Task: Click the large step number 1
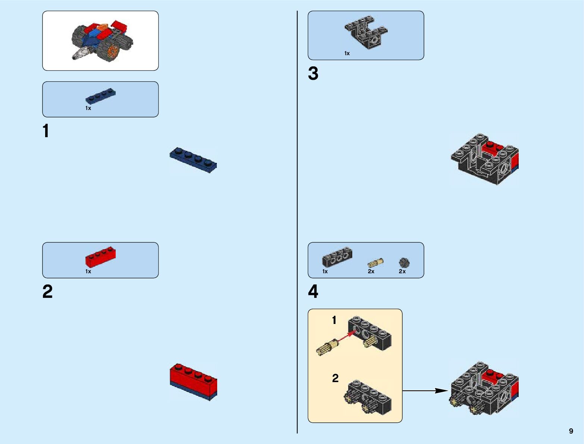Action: coord(46,131)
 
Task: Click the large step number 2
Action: coord(47,292)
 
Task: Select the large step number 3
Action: coord(313,73)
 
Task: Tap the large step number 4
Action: coord(313,292)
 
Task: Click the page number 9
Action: coord(571,431)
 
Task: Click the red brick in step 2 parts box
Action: coord(100,257)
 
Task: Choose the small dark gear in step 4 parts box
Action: coord(404,263)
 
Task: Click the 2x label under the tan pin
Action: coord(371,271)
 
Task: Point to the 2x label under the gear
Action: coord(402,271)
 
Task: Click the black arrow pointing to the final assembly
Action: coord(425,391)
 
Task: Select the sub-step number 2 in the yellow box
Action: coord(335,378)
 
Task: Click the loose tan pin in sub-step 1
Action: coord(327,347)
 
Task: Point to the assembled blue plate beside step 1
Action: coord(193,159)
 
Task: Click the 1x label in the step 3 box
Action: coord(347,53)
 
